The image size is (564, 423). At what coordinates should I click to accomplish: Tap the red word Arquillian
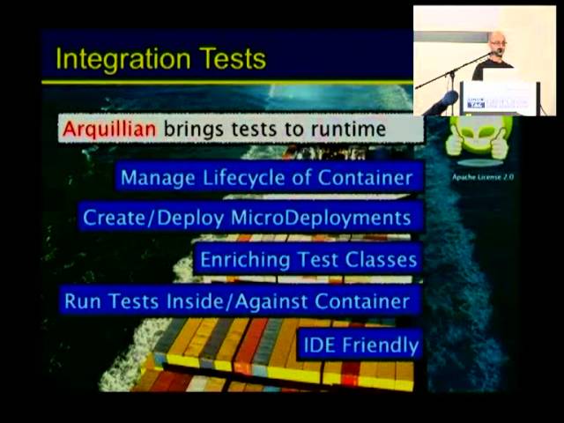point(109,129)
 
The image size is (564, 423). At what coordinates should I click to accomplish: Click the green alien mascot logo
point(479,138)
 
